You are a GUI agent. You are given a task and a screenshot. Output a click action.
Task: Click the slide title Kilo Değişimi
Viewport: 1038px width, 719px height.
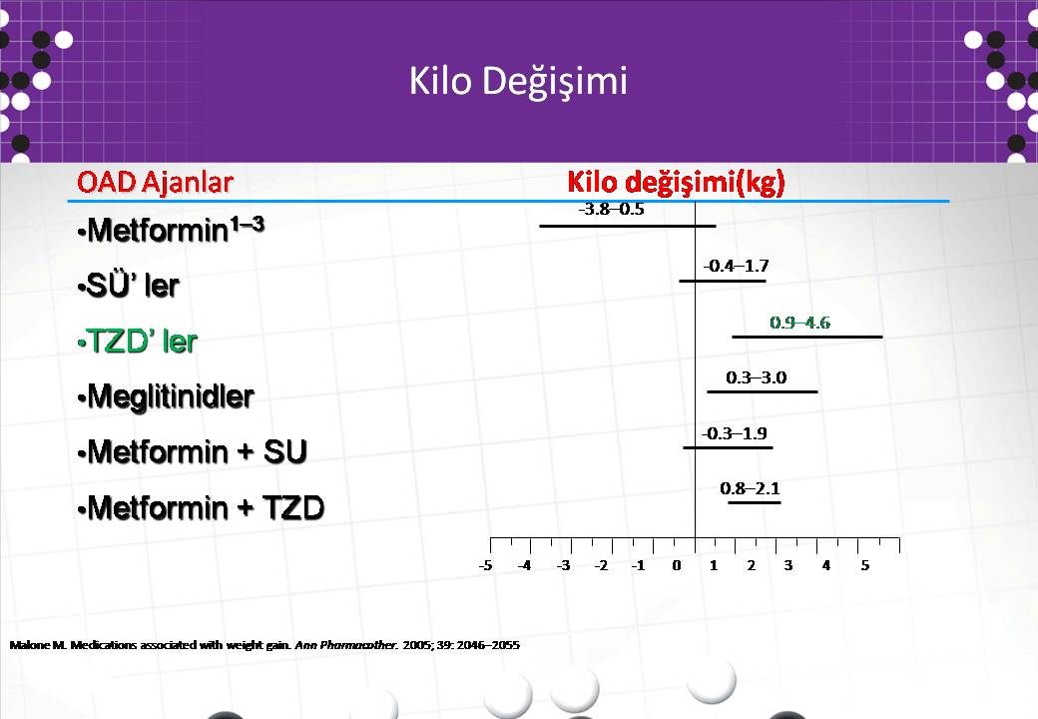pyautogui.click(x=518, y=82)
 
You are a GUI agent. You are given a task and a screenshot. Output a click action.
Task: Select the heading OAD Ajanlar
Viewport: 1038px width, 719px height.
pyautogui.click(x=155, y=182)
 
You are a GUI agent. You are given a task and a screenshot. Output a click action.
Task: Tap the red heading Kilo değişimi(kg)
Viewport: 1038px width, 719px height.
pyautogui.click(x=676, y=183)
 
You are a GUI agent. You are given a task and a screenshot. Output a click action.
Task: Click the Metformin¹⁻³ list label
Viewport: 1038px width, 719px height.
pyautogui.click(x=171, y=230)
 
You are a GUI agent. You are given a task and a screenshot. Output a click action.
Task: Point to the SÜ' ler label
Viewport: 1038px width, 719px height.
pyautogui.click(x=129, y=285)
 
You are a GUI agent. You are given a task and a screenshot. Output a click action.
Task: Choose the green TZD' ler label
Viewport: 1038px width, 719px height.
pyautogui.click(x=137, y=342)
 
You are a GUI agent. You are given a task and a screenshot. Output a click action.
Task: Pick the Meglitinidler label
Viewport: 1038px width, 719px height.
pyautogui.click(x=166, y=397)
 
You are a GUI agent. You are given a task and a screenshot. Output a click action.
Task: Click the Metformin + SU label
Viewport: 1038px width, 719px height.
pyautogui.click(x=192, y=452)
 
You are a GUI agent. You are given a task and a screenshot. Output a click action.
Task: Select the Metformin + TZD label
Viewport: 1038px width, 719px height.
pyautogui.click(x=201, y=508)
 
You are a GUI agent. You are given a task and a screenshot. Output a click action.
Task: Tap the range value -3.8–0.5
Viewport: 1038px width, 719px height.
pyautogui.click(x=611, y=210)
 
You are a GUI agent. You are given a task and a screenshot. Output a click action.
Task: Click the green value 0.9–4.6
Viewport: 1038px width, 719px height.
pyautogui.click(x=799, y=324)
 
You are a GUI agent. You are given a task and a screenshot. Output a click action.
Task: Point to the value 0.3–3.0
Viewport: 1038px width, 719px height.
pyautogui.click(x=756, y=378)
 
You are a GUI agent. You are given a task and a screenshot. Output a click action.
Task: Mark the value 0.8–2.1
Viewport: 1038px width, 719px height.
pyautogui.click(x=750, y=489)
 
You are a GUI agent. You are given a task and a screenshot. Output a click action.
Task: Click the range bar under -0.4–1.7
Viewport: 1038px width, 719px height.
pyautogui.click(x=723, y=282)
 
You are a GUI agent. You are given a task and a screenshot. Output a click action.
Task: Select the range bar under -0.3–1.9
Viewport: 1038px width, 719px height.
pyautogui.click(x=728, y=448)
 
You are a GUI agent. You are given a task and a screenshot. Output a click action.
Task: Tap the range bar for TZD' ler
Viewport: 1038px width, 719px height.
pyautogui.click(x=807, y=337)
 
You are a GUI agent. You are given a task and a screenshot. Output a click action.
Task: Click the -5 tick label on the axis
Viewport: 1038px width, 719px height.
pyautogui.click(x=486, y=566)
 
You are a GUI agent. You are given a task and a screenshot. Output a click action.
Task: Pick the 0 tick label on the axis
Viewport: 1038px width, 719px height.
pyautogui.click(x=676, y=566)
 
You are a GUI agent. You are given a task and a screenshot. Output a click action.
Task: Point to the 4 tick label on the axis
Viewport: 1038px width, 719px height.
pyautogui.click(x=826, y=566)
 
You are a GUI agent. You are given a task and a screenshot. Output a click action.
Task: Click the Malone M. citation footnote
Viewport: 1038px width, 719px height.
pyautogui.click(x=264, y=645)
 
